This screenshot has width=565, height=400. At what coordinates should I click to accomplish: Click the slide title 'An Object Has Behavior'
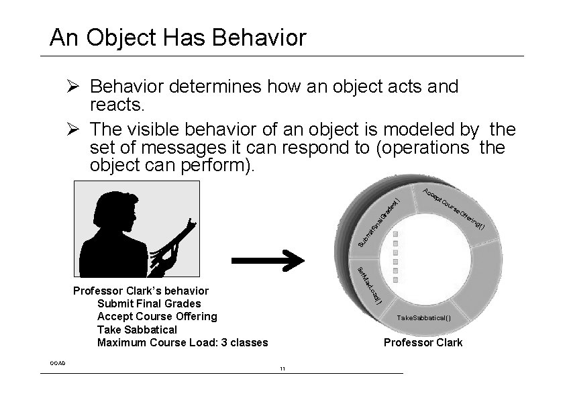178,37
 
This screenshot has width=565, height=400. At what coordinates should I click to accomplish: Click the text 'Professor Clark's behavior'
140,291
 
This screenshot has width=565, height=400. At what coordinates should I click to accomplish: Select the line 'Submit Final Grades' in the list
149,304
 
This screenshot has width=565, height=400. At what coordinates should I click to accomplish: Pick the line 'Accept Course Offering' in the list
157,316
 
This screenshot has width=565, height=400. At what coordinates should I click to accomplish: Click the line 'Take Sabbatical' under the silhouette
137,330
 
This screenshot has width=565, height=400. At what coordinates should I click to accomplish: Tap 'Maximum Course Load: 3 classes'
183,343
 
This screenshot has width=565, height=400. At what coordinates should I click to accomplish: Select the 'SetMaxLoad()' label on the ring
369,285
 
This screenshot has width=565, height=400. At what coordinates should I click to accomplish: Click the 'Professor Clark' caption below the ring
423,343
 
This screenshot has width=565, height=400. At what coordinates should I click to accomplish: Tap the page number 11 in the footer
282,368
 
